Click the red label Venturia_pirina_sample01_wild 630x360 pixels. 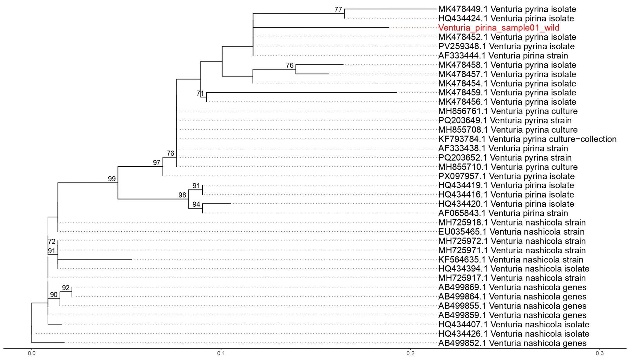499,28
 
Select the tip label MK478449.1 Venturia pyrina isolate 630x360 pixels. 507,9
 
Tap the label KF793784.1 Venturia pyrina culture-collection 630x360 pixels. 527,139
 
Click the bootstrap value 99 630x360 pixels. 112,179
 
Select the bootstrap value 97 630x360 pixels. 157,162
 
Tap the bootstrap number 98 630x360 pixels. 182,195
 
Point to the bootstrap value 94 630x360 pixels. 196,204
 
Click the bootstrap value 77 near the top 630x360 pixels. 338,10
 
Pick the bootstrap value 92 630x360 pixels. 66,288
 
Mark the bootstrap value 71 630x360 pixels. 200,93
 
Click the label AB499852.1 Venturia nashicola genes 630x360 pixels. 512,343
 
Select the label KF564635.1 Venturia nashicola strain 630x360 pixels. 511,259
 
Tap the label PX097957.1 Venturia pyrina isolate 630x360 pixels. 506,176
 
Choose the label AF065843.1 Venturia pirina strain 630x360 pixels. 503,213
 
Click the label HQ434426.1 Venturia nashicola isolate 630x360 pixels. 514,334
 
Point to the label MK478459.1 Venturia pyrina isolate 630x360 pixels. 507,93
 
